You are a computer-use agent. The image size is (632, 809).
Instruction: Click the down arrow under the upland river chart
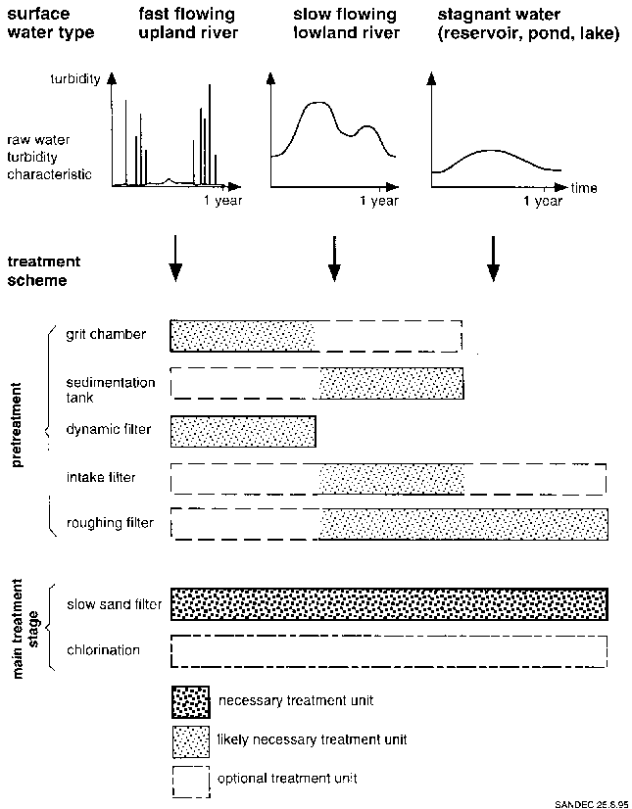174,258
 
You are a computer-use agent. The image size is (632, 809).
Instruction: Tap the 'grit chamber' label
106,335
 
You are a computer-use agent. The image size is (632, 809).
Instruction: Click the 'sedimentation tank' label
111,390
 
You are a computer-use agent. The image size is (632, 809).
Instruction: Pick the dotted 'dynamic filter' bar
243,431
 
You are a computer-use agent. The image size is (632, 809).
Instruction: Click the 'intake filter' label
102,478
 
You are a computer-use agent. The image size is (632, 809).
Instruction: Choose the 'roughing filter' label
110,523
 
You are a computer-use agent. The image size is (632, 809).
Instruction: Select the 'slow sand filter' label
114,604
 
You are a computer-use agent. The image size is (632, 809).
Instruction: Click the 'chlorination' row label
103,650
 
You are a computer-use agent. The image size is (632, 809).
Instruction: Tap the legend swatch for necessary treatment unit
190,700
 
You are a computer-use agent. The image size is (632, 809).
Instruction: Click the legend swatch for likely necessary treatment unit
190,739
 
